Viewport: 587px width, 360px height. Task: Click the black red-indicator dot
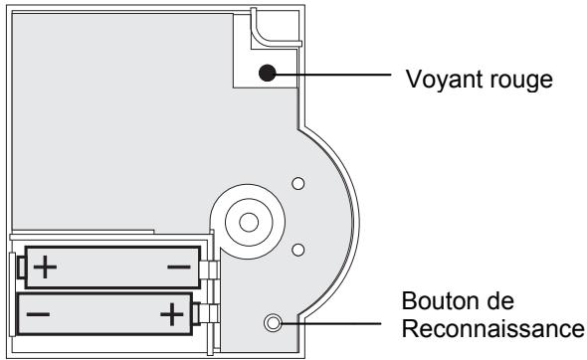266,72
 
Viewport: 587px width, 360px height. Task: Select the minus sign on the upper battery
178,267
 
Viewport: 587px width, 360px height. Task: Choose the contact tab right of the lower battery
203,315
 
